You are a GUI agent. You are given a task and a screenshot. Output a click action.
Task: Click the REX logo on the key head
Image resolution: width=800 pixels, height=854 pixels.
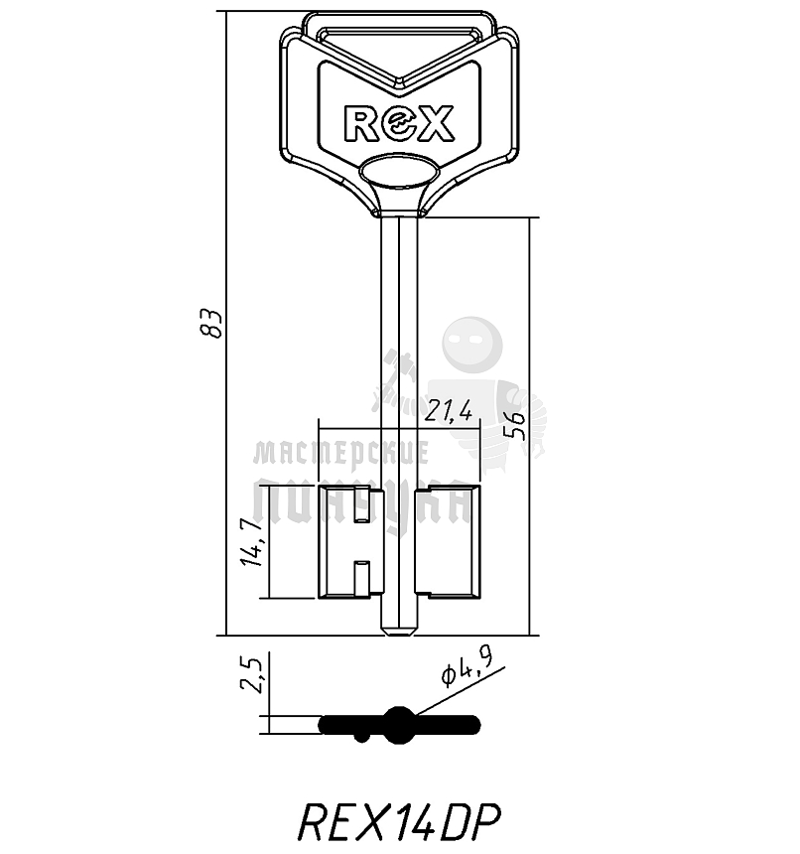click(398, 123)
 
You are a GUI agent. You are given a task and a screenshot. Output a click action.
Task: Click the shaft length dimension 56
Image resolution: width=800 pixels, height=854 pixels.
click(514, 425)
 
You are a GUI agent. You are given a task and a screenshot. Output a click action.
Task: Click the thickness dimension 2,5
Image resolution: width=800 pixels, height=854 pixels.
click(252, 675)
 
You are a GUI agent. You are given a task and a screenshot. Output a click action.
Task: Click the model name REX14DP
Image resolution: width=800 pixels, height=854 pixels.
click(399, 821)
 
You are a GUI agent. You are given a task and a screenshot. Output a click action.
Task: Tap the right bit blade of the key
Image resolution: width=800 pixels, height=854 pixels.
click(449, 542)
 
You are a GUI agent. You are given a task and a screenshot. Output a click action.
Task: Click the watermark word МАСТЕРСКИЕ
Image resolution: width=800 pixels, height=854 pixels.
click(341, 454)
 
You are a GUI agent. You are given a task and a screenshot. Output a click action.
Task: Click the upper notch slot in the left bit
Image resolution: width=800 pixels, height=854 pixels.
click(362, 506)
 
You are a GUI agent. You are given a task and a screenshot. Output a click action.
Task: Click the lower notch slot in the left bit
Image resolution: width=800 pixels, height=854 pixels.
click(362, 576)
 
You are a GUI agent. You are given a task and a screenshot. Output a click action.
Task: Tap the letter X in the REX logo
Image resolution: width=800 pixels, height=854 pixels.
click(436, 123)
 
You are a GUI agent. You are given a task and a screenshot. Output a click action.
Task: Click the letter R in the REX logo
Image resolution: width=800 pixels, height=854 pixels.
click(360, 123)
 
